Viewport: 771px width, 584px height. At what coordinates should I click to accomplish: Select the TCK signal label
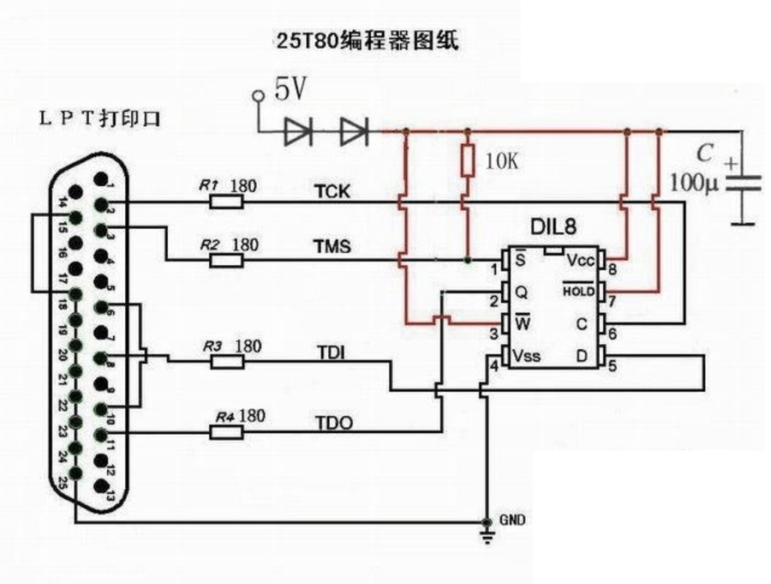(x=332, y=191)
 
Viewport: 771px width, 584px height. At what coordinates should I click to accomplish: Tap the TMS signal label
(x=332, y=247)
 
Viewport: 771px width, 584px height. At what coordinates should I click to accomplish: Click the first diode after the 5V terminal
(x=299, y=132)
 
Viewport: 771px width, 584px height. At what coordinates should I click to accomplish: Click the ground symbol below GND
(x=487, y=536)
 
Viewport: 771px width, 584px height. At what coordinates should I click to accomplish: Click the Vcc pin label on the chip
(x=582, y=260)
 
